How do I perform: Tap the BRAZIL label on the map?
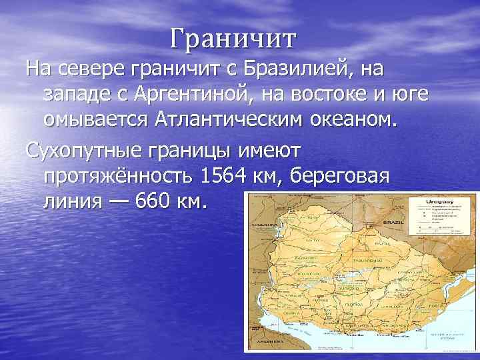(393, 222)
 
